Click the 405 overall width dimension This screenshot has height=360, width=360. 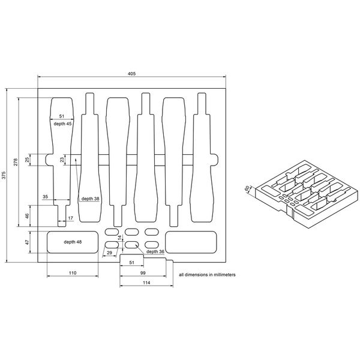coord(131,73)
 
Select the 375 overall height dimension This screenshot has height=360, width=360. coord(4,175)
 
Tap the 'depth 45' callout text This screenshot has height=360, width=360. coord(62,123)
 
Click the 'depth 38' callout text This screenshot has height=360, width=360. coord(90,198)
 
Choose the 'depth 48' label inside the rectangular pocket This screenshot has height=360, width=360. coord(73,242)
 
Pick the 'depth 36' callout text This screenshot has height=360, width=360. coord(154,252)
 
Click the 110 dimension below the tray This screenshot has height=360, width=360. coord(73,273)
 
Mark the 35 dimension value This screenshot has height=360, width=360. coord(46,197)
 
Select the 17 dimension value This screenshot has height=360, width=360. coord(70,218)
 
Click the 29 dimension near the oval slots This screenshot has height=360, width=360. coord(109,253)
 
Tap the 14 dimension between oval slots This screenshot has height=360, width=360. coord(119,238)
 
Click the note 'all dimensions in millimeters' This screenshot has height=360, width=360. coord(207,274)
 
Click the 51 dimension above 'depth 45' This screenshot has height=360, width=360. coord(62,116)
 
